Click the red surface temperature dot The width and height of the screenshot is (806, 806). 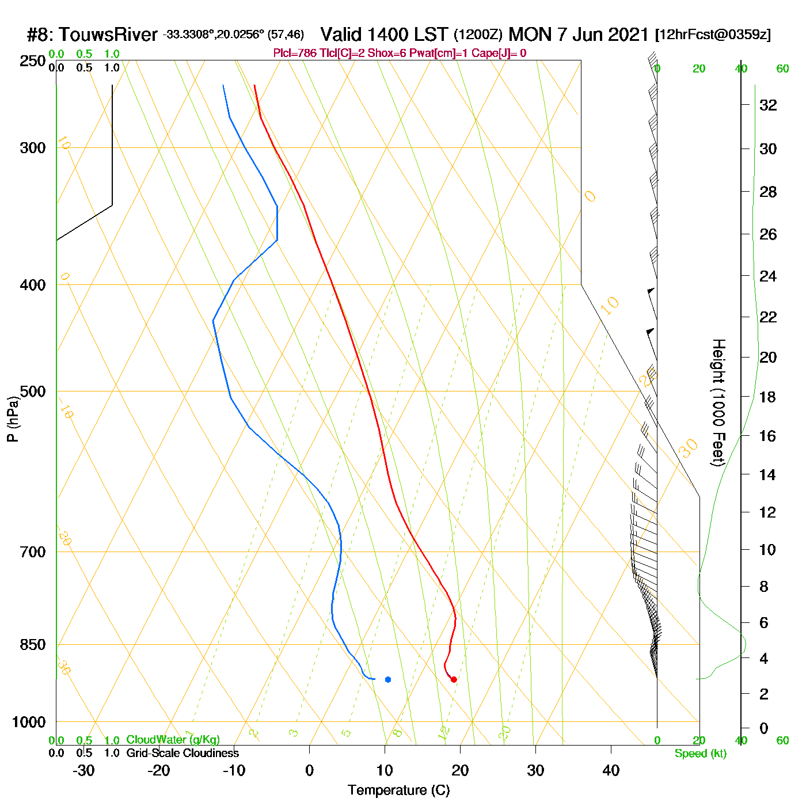coord(454,680)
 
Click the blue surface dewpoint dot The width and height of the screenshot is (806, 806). coord(388,680)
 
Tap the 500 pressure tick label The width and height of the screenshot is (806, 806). coord(33,391)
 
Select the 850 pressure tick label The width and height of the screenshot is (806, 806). coord(33,645)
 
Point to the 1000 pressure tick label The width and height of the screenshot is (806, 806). coord(29,722)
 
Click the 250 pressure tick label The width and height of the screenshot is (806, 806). coord(33,60)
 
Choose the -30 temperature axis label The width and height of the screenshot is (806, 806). coord(83,770)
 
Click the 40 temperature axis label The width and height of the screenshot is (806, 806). coord(611,770)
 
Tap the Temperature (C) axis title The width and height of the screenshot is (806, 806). coord(398,790)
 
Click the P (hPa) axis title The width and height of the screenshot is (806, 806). coord(13,419)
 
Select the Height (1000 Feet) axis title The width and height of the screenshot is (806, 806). coord(718,402)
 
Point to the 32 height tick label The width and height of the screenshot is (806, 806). coord(768,105)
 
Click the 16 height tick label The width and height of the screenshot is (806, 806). coord(768,436)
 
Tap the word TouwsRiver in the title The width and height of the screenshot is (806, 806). coord(108,35)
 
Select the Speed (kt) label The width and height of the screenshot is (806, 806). coord(701,754)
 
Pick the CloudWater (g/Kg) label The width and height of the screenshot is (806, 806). coord(173,740)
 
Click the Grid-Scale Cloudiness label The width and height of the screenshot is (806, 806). coord(183,753)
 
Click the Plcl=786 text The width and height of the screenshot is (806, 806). coord(295,54)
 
